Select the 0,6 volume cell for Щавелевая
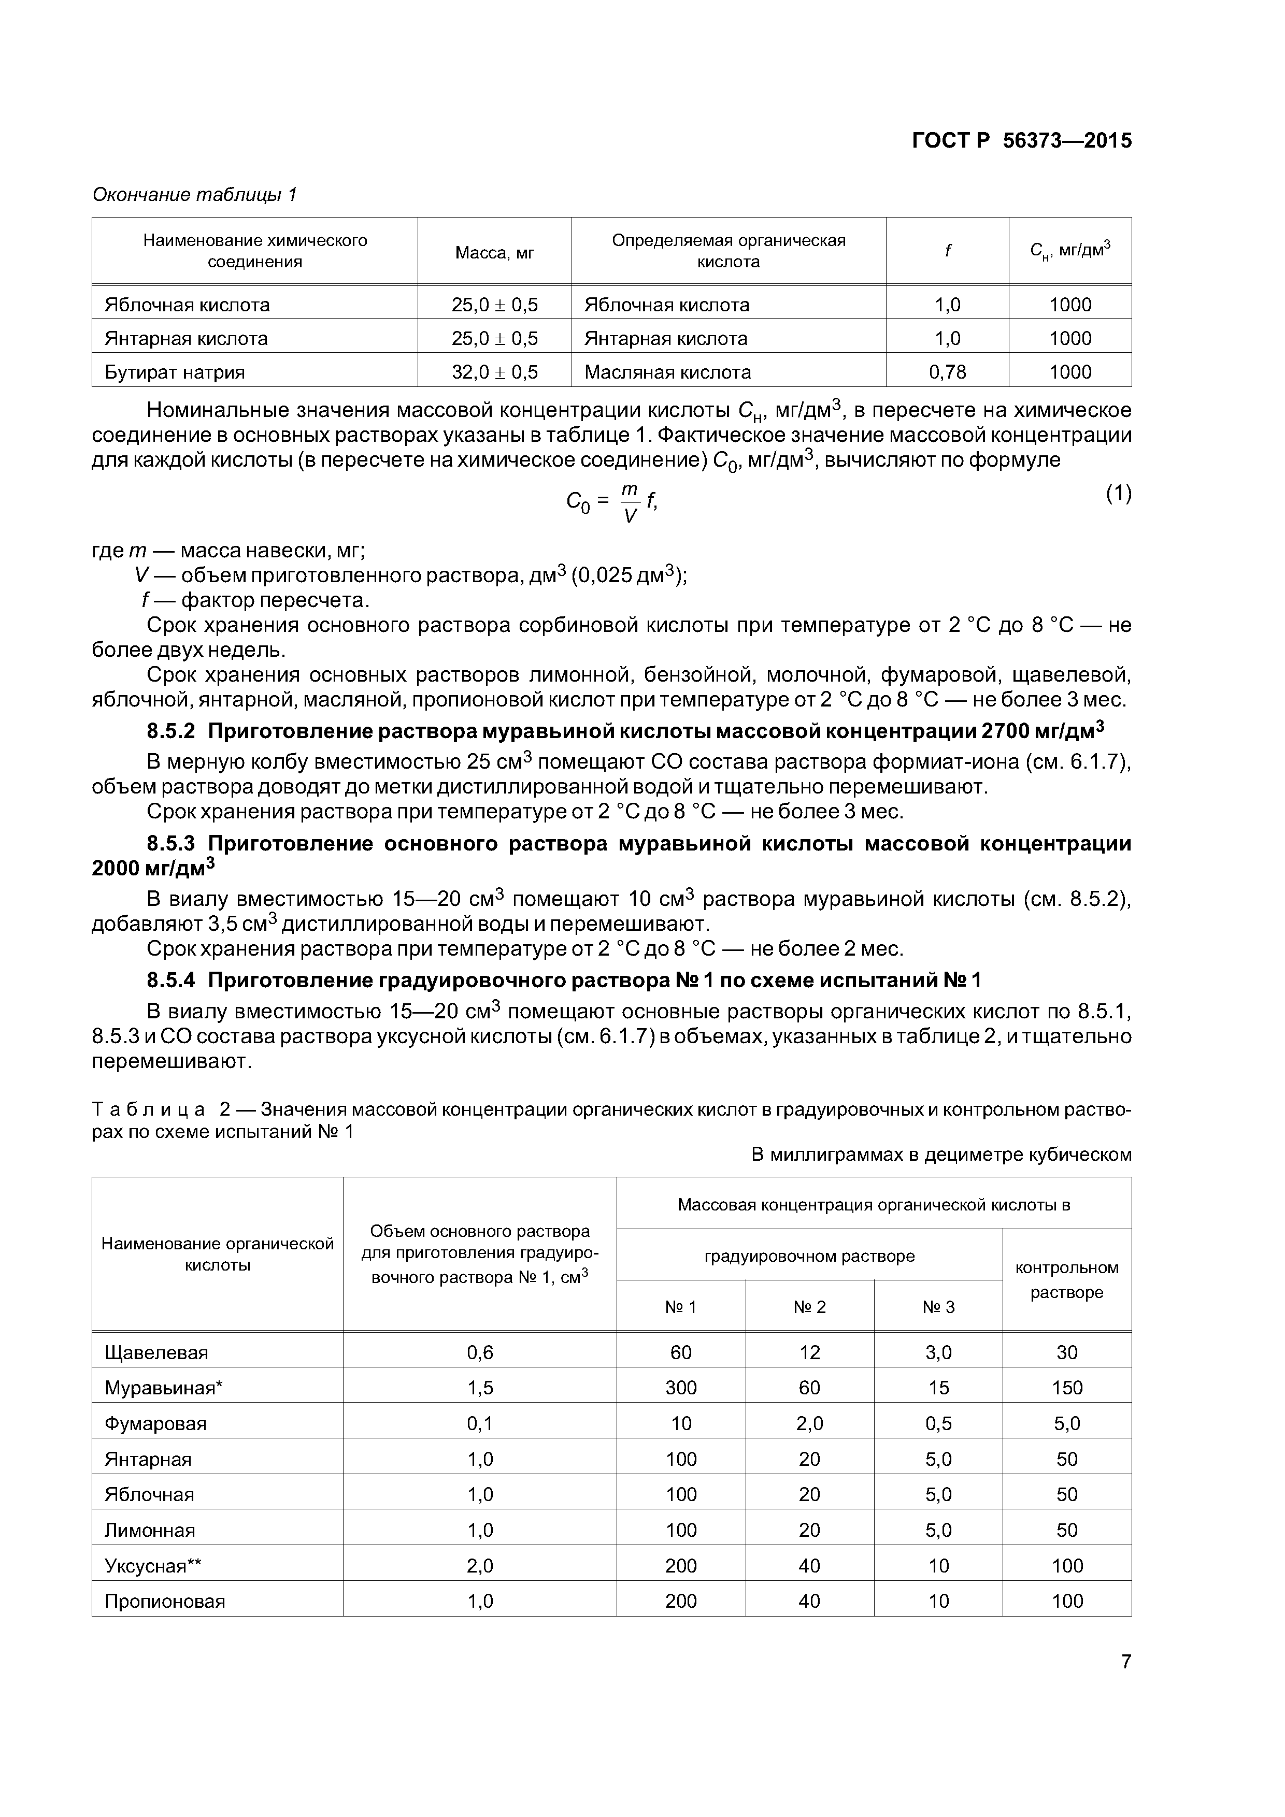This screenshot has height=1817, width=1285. click(x=480, y=1352)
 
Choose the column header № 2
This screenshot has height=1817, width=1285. click(x=809, y=1307)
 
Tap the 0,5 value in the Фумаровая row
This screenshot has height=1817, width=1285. click(x=938, y=1424)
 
